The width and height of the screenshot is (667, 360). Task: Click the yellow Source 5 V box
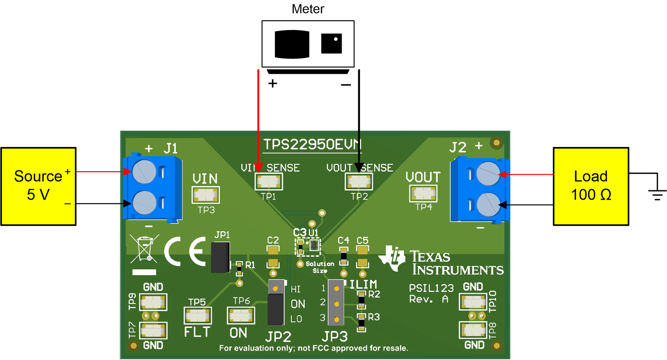[x=39, y=186]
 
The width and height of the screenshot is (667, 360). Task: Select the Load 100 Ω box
[x=591, y=186]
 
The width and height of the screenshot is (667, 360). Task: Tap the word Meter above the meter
[x=308, y=9]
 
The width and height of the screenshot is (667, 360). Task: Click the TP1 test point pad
[x=268, y=181]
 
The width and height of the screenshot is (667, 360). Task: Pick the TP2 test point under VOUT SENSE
[x=358, y=181]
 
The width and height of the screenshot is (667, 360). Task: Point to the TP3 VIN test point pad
[x=205, y=195]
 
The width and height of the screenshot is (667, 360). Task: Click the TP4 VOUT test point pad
[x=423, y=193]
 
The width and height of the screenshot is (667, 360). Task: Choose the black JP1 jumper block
[x=220, y=257]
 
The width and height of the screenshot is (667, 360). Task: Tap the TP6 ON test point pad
[x=240, y=316]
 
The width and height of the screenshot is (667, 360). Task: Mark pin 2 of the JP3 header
[x=336, y=304]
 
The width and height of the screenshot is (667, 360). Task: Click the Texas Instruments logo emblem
[x=392, y=258]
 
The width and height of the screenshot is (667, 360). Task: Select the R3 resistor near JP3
[x=361, y=323]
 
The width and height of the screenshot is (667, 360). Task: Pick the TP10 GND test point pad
[x=473, y=302]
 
